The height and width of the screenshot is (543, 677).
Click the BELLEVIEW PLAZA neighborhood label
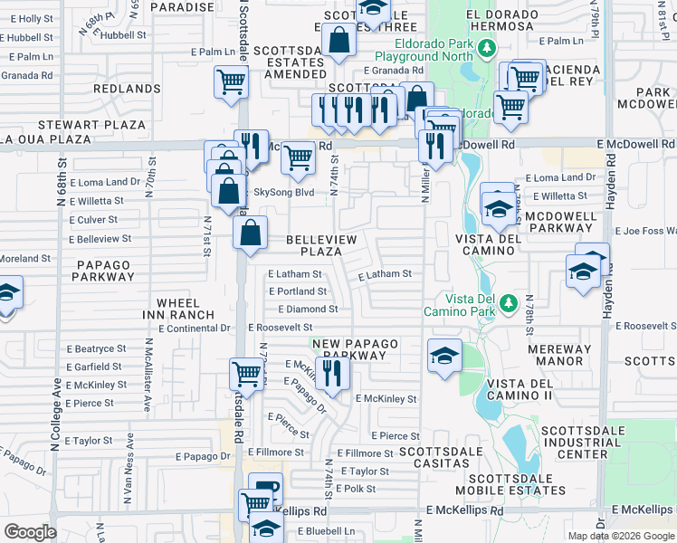tap(321, 243)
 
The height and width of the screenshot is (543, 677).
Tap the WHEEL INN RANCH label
tap(186, 309)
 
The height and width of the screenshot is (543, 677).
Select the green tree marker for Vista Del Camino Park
tap(510, 301)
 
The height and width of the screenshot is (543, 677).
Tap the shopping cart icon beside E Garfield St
tap(246, 373)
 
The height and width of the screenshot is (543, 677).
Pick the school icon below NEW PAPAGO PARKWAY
tap(444, 357)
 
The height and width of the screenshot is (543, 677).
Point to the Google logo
tap(29, 531)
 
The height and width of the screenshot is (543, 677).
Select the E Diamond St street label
tap(308, 309)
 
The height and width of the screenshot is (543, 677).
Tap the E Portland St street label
tap(298, 291)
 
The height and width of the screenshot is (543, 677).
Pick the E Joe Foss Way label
tap(645, 231)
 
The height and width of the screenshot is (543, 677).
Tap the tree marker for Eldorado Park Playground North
tap(488, 48)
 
